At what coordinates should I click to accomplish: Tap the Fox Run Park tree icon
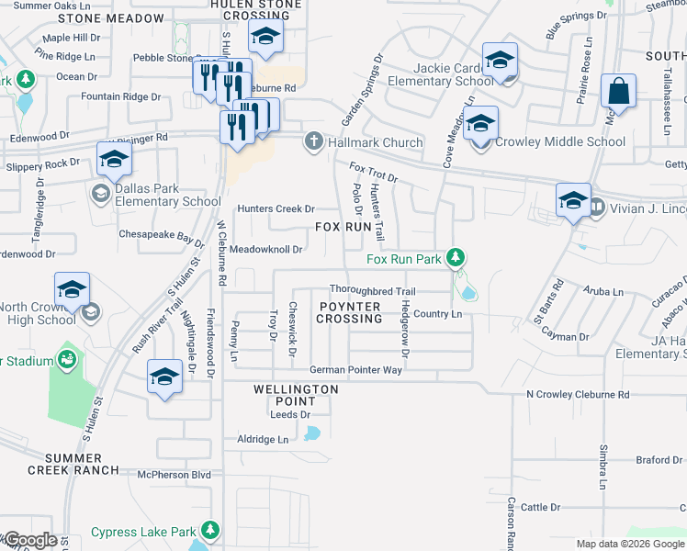[453, 258]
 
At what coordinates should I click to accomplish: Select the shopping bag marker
[620, 92]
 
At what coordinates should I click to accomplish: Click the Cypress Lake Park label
[144, 532]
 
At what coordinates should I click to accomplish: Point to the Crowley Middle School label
[560, 142]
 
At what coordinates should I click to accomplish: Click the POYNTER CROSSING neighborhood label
[349, 312]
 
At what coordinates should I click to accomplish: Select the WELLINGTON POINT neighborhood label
[296, 396]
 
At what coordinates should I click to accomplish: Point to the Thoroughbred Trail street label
[373, 291]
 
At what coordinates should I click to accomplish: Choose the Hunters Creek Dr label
[276, 208]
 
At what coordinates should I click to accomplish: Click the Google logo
[30, 540]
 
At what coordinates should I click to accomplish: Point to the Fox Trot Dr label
[373, 172]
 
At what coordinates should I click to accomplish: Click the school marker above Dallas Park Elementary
[114, 159]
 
